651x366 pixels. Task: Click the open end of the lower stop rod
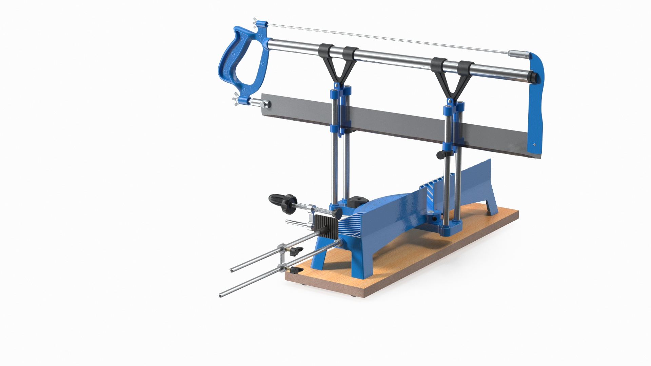(221, 296)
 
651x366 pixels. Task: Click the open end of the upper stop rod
(231, 270)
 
